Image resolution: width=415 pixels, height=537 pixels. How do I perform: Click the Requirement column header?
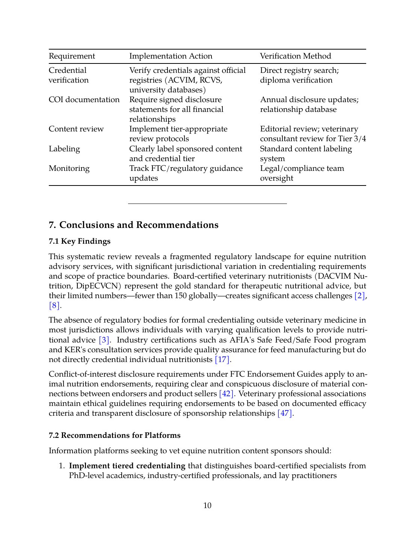(72, 56)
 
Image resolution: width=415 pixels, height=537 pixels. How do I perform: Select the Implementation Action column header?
(171, 56)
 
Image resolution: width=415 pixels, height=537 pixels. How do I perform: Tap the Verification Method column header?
(295, 56)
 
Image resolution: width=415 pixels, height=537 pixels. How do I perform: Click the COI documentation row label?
(84, 100)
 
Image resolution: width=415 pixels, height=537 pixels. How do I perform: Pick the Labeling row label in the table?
(64, 149)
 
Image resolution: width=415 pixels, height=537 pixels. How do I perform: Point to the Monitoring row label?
(69, 169)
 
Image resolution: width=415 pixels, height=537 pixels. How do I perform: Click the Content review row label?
(76, 129)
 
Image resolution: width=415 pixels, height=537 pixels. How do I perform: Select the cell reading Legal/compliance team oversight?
(302, 173)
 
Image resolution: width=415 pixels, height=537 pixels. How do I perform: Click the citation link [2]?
(359, 296)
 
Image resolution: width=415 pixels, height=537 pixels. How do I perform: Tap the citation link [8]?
(54, 306)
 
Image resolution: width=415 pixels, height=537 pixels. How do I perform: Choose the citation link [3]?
(104, 340)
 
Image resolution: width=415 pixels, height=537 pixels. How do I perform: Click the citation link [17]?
(222, 360)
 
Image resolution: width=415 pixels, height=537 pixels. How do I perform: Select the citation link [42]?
(226, 394)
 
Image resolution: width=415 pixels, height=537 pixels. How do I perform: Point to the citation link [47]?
(285, 413)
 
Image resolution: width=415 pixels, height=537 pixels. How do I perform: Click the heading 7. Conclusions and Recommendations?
(134, 225)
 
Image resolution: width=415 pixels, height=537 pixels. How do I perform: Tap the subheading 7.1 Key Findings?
(80, 241)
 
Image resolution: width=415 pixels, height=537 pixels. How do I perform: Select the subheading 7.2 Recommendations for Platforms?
(115, 436)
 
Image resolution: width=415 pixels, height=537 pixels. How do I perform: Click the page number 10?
(207, 506)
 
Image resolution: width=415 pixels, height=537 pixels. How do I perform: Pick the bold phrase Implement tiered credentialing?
(127, 466)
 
